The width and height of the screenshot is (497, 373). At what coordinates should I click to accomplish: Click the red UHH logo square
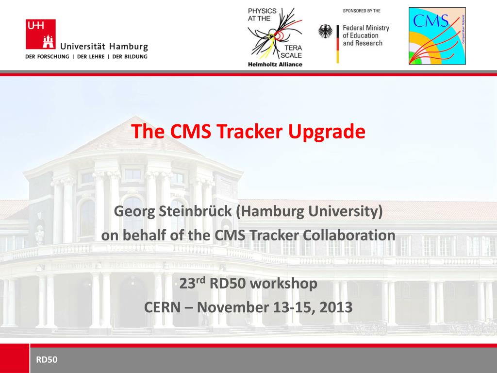pos(41,34)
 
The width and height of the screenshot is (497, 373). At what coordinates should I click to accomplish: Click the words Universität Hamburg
pos(104,47)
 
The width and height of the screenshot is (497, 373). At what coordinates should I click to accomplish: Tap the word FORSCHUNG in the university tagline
pos(53,57)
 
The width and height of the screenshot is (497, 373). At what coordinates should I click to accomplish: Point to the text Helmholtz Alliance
pos(275,65)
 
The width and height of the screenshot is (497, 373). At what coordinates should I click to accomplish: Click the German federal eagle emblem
pos(326,32)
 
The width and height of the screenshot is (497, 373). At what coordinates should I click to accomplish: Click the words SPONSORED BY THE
pos(362,11)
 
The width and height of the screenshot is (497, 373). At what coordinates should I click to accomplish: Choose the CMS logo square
pos(437,36)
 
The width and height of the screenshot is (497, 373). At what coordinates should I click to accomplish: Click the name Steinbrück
pos(196,211)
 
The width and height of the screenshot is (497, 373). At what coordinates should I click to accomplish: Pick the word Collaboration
pos(349,236)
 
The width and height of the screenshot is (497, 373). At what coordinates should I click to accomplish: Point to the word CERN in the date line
pos(162,307)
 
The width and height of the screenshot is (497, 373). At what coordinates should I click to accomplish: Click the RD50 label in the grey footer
pos(47,360)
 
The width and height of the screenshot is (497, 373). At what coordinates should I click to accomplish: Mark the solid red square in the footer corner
pos(15,358)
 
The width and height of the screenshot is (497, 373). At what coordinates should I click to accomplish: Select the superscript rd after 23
pos(201,279)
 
